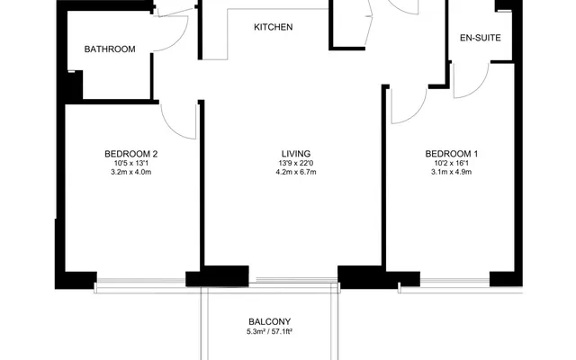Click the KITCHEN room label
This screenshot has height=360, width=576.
pos(274,27)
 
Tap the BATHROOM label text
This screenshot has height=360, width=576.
pos(110,49)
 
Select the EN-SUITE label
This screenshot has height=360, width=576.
pos(481,38)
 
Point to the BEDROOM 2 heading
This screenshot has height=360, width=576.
pos(131,154)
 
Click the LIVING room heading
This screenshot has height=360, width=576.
pos(296,154)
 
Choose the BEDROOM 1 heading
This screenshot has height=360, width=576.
pos(452,154)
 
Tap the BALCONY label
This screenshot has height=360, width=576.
pos(270,322)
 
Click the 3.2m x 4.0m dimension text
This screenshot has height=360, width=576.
pos(131,172)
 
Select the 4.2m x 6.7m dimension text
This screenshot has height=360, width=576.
pos(296,172)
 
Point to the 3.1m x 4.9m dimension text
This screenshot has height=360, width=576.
pos(452,172)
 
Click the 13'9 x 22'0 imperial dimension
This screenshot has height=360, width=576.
pos(296,163)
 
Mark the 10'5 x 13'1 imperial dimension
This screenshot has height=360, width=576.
pos(131,163)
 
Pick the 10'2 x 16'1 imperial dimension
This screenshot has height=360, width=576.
pos(452,163)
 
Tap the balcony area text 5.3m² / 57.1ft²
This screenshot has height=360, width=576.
pos(270,332)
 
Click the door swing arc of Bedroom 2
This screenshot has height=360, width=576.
pos(172,130)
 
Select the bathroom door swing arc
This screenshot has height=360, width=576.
pos(179,40)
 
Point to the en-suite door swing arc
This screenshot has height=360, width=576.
pos(480,87)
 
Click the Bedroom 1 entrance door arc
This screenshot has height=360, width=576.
pos(417,112)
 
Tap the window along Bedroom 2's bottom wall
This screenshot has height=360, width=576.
pos(141,282)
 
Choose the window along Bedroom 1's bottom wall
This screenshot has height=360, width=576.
pos(454,282)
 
